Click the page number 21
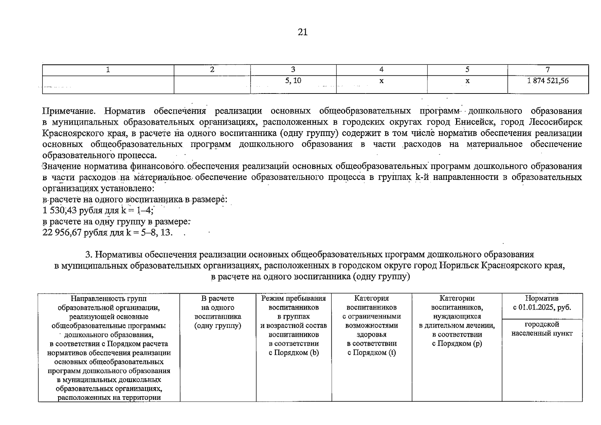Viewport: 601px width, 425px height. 303,32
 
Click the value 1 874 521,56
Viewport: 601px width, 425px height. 547,81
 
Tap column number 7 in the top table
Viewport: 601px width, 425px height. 548,70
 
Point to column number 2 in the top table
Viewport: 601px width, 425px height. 212,70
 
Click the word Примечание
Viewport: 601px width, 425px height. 69,111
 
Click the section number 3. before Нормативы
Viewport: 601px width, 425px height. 89,255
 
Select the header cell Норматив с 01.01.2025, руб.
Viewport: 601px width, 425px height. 542,303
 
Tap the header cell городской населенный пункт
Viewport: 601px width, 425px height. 542,329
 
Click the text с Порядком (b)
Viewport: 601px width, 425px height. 294,353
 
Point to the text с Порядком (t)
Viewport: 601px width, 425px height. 371,353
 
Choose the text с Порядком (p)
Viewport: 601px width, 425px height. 457,344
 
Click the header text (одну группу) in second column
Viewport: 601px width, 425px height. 218,326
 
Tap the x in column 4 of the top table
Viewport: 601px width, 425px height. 381,81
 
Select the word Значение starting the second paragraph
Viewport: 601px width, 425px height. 61,166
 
